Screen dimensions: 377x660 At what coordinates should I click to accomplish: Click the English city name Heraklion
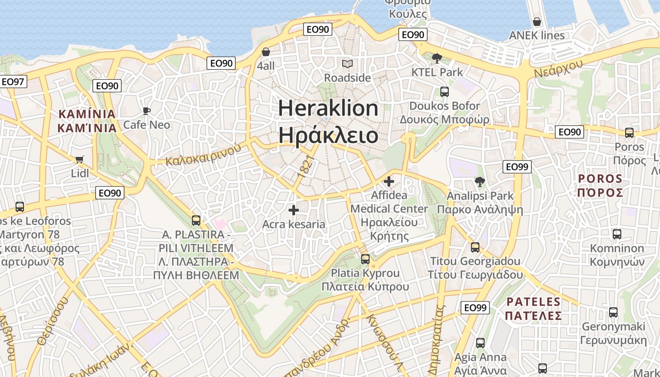(328, 108)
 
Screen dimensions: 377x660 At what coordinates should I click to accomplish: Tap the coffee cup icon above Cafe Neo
(147, 111)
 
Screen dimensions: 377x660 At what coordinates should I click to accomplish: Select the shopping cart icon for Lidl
(80, 159)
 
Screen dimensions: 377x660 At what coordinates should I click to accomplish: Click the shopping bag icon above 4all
(266, 52)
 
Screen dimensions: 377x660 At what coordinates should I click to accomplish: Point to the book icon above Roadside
(347, 64)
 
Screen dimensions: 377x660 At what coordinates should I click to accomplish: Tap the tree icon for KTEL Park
(437, 58)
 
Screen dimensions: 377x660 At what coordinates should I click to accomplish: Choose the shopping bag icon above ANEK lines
(536, 22)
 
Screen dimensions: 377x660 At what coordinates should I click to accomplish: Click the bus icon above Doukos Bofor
(444, 91)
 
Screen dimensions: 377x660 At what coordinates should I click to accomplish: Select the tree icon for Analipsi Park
(480, 181)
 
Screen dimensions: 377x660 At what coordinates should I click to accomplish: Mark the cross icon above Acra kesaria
(294, 210)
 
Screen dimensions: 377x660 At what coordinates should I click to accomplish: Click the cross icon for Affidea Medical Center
(389, 181)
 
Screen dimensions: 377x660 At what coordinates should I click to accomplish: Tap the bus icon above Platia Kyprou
(365, 259)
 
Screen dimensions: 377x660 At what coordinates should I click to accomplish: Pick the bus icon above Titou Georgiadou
(475, 247)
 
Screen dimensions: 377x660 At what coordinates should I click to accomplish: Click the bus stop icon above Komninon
(617, 234)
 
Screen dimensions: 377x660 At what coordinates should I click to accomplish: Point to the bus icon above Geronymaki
(613, 312)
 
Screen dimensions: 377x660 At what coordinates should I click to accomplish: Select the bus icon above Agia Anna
(480, 343)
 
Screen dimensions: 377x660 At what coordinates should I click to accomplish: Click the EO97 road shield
(13, 82)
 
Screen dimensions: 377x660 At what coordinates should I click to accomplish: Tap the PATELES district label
(534, 308)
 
